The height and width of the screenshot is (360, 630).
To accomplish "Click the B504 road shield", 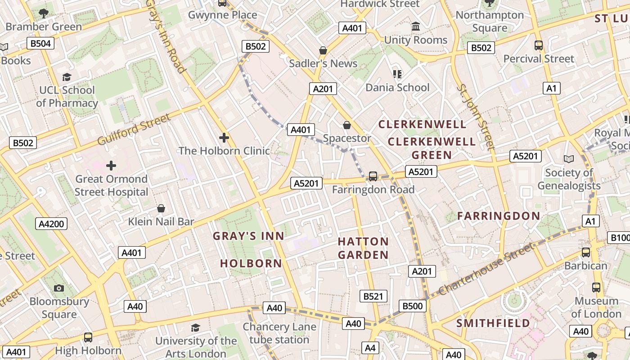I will pyautogui.click(x=40, y=43).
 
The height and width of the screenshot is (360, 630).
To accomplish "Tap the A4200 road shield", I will pyautogui.click(x=52, y=224).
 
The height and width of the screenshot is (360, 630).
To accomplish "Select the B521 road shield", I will pyautogui.click(x=373, y=296).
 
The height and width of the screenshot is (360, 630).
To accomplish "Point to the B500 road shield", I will pyautogui.click(x=413, y=306).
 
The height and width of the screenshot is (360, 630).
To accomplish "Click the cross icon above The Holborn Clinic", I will pyautogui.click(x=224, y=138).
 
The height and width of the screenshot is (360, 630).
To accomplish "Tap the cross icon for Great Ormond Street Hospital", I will pyautogui.click(x=111, y=166).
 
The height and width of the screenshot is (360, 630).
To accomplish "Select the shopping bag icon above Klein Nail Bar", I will pyautogui.click(x=161, y=209).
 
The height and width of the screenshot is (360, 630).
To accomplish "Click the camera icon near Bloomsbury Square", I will pyautogui.click(x=59, y=288).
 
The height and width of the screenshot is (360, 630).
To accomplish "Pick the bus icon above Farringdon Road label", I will pyautogui.click(x=373, y=176).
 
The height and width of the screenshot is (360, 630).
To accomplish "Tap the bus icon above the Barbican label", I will pyautogui.click(x=585, y=252).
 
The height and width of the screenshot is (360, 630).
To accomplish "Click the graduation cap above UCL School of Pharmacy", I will pyautogui.click(x=67, y=77).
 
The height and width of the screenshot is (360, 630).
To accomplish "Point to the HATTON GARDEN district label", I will pyautogui.click(x=363, y=248).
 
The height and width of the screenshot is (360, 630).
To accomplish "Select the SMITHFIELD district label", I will pyautogui.click(x=493, y=323).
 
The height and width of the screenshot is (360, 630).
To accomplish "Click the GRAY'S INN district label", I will pyautogui.click(x=248, y=236).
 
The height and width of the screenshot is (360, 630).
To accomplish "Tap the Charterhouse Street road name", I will pyautogui.click(x=487, y=269).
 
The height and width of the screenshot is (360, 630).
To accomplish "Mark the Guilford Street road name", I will pyautogui.click(x=134, y=130).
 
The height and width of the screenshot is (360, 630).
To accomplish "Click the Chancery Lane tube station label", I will pyautogui.click(x=279, y=333).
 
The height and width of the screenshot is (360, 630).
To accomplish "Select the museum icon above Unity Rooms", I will pyautogui.click(x=416, y=27).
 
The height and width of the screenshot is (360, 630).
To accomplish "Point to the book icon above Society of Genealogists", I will pyautogui.click(x=569, y=159).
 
